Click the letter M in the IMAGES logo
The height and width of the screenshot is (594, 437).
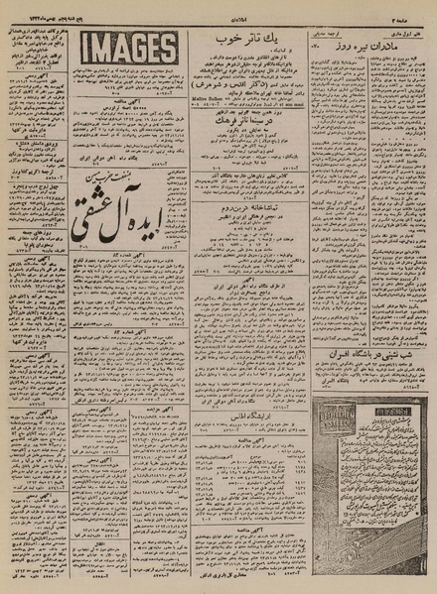(103, 48)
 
